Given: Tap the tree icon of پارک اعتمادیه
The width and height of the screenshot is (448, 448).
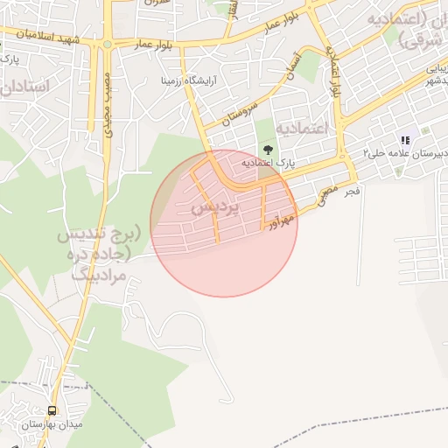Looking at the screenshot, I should tap(269, 150).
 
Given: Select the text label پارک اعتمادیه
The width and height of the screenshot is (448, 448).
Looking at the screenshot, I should tap(267, 164).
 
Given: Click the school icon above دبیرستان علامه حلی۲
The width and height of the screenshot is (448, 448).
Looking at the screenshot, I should tap(404, 140).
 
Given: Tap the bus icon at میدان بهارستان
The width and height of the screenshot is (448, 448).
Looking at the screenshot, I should tap(52, 410).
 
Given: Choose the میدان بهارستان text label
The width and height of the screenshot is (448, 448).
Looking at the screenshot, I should tap(52, 424).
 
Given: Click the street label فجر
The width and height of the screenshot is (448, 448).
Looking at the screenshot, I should tap(352, 191).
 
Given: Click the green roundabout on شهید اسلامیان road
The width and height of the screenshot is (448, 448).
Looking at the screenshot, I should tap(108, 43).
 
